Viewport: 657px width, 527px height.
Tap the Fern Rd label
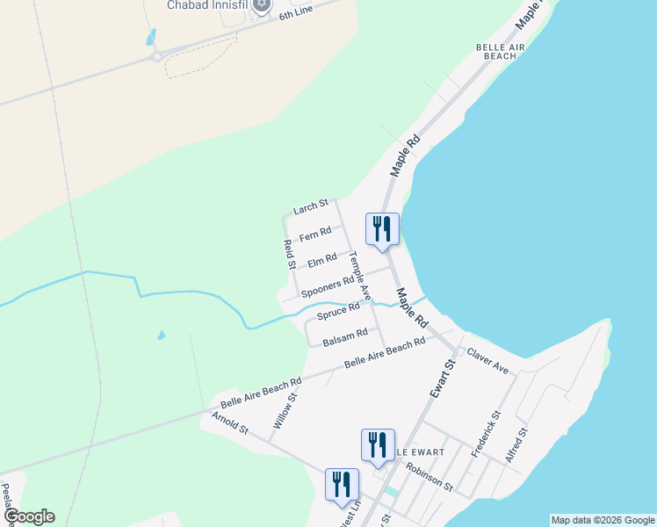point(314,234)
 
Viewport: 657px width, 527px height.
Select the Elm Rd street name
point(322,260)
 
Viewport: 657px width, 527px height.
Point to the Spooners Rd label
point(327,285)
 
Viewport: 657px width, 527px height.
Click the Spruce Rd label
point(339,310)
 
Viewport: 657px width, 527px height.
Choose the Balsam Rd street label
point(344,335)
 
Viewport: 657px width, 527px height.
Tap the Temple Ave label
point(360,276)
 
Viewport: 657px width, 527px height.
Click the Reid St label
point(288,254)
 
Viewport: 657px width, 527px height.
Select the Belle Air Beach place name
point(495,50)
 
